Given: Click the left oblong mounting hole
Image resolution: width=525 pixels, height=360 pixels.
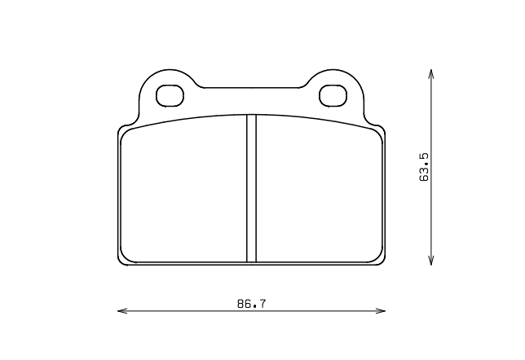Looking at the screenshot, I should point(170,95).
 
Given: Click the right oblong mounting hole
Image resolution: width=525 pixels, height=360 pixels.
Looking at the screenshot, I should point(333,95).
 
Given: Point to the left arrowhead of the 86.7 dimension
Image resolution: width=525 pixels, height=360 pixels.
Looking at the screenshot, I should point(121,310).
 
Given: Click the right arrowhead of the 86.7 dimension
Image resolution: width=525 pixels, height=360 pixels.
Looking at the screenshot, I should point(383,310).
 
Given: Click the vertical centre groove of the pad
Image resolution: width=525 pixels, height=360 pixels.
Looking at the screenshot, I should point(251,187).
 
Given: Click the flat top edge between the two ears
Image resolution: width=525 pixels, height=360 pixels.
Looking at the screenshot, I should point(251,87).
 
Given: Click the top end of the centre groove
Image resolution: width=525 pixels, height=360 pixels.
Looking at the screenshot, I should point(251,116).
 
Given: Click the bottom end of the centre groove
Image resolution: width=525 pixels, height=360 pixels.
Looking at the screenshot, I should point(251,261).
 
